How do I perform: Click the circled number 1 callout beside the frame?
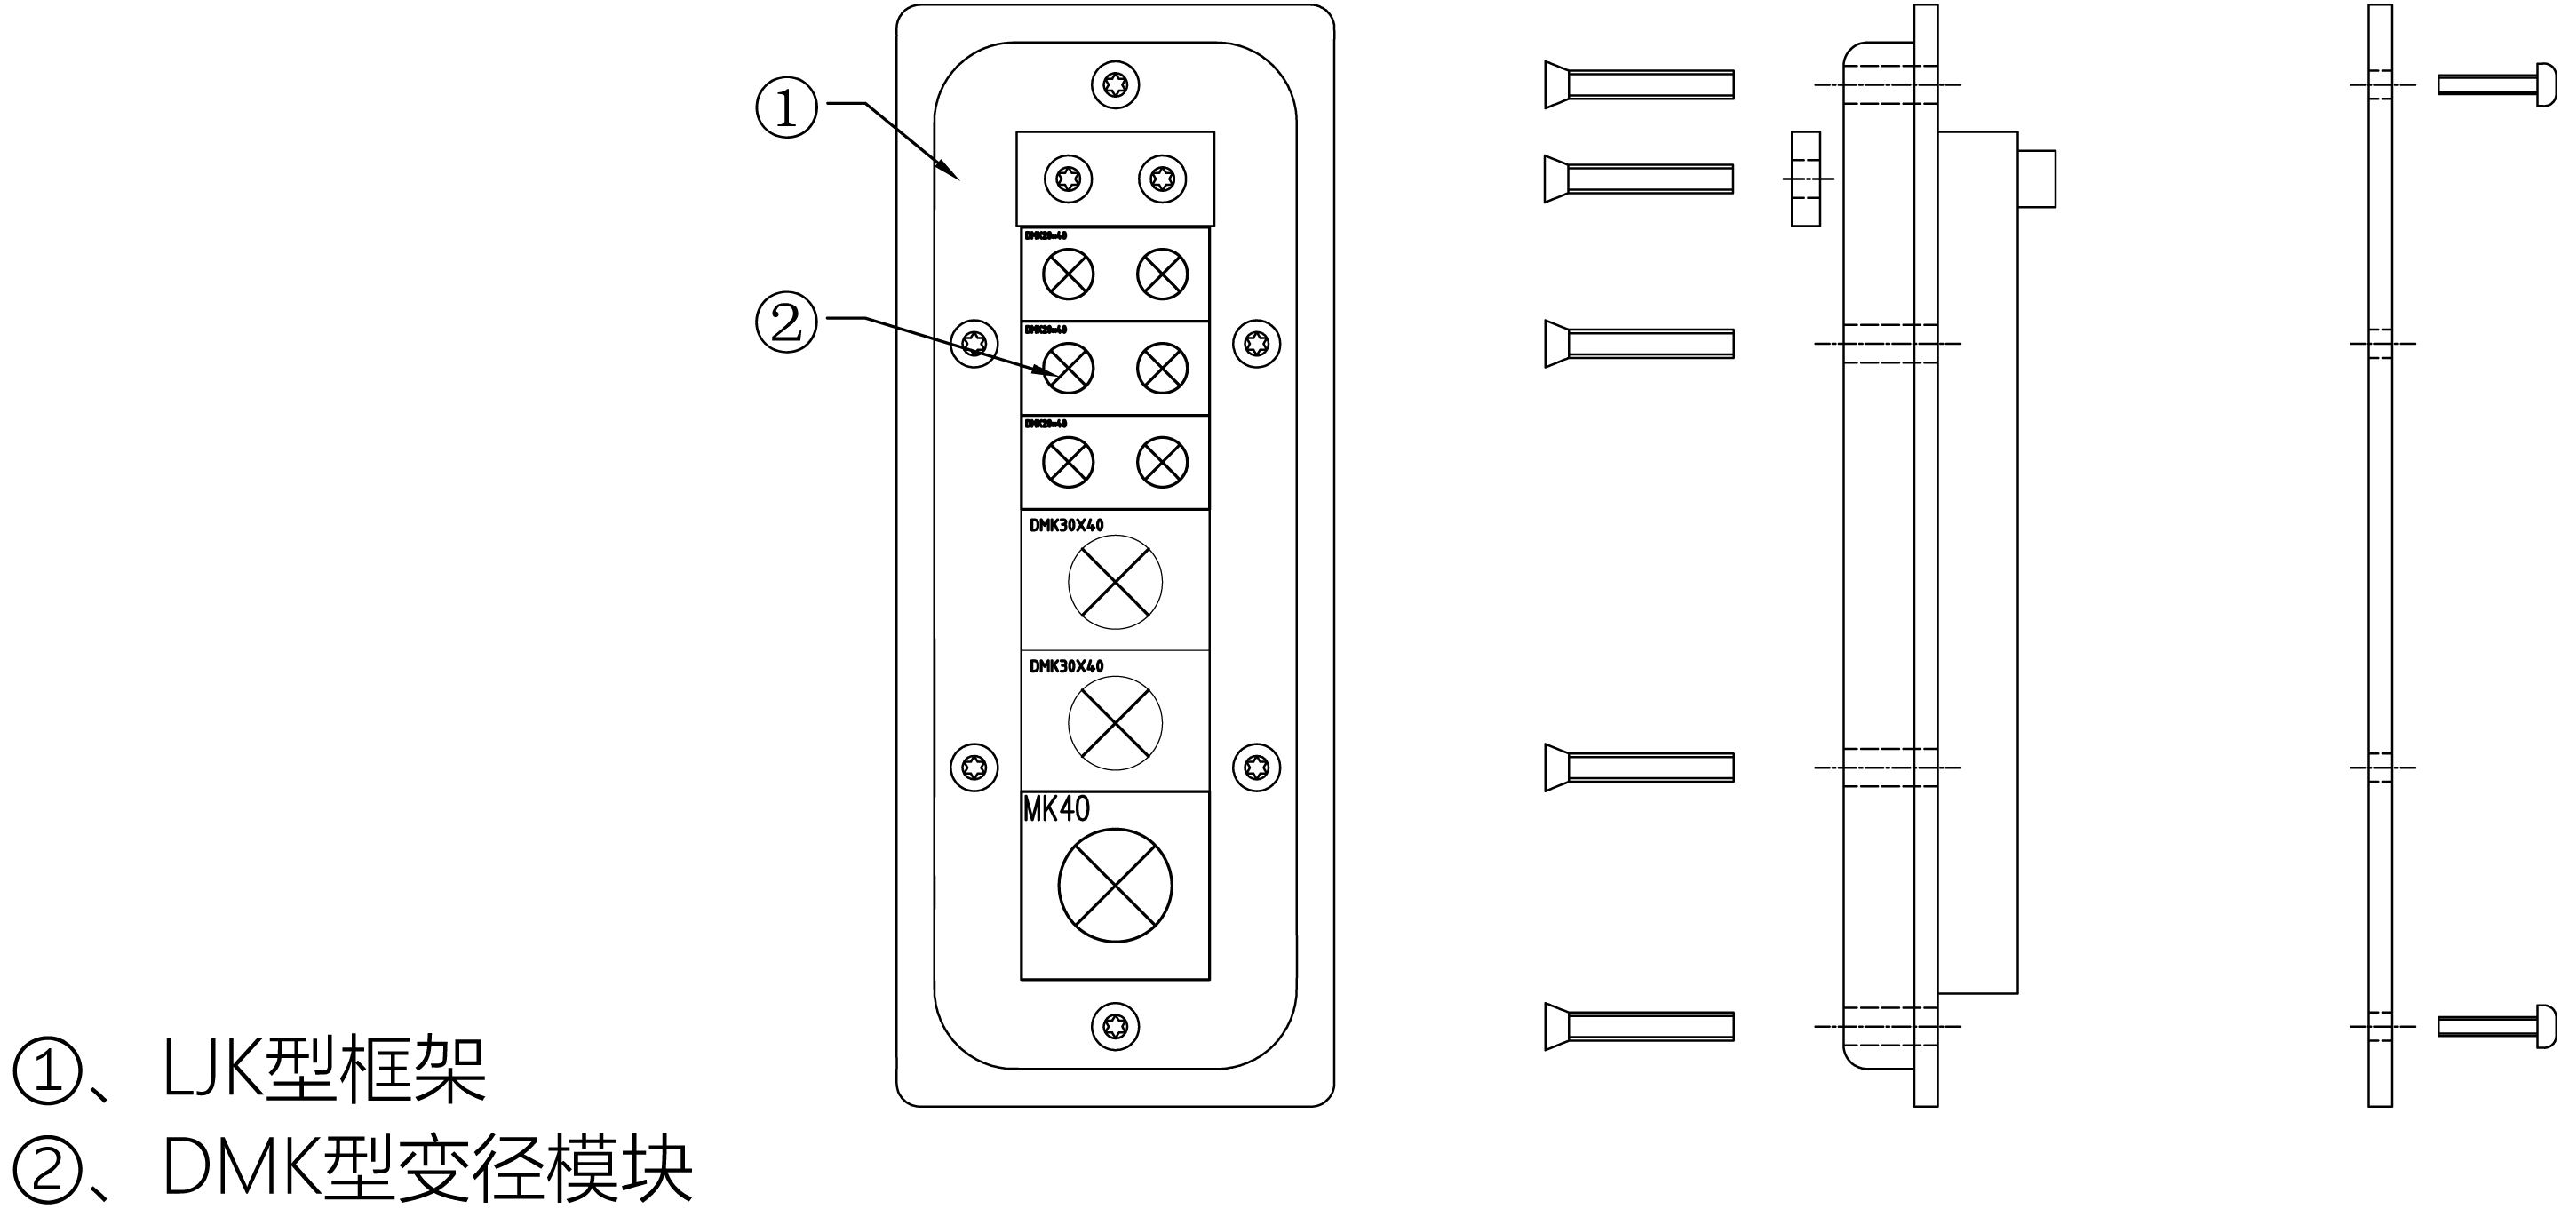click(786, 107)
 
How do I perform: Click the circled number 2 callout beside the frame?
click(786, 322)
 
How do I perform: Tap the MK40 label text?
click(1056, 809)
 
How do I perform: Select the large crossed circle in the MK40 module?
click(1115, 885)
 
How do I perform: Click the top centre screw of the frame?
click(1115, 84)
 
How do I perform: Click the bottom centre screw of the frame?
click(1115, 1026)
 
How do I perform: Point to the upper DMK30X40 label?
click(1066, 525)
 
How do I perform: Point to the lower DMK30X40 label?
click(1066, 666)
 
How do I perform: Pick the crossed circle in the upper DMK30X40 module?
click(1115, 582)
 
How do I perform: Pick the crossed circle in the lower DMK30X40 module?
click(1115, 723)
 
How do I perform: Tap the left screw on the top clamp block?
click(1068, 179)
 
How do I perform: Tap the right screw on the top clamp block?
click(1161, 179)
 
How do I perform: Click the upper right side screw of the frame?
click(1256, 344)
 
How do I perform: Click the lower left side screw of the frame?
click(974, 767)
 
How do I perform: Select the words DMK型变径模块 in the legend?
click(427, 1169)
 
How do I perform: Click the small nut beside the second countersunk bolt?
click(1805, 179)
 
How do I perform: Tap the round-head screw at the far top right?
click(2496, 84)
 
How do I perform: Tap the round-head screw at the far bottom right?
click(2496, 1026)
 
